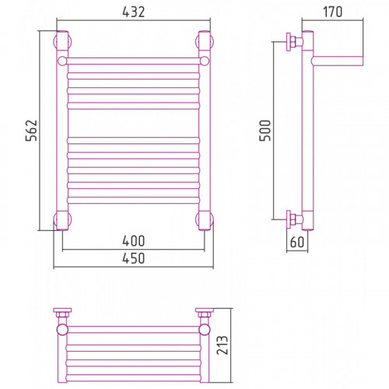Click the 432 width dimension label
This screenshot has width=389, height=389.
[134, 12]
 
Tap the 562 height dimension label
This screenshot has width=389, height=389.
[31, 130]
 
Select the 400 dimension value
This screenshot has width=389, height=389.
[134, 241]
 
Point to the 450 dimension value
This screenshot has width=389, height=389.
[134, 258]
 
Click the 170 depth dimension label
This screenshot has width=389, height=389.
[332, 12]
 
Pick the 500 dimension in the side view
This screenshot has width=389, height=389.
[265, 131]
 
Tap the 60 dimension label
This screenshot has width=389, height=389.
[297, 242]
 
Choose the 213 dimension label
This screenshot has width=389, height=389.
[223, 345]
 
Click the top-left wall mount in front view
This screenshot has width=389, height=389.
[62, 41]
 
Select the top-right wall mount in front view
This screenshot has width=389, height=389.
[205, 41]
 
